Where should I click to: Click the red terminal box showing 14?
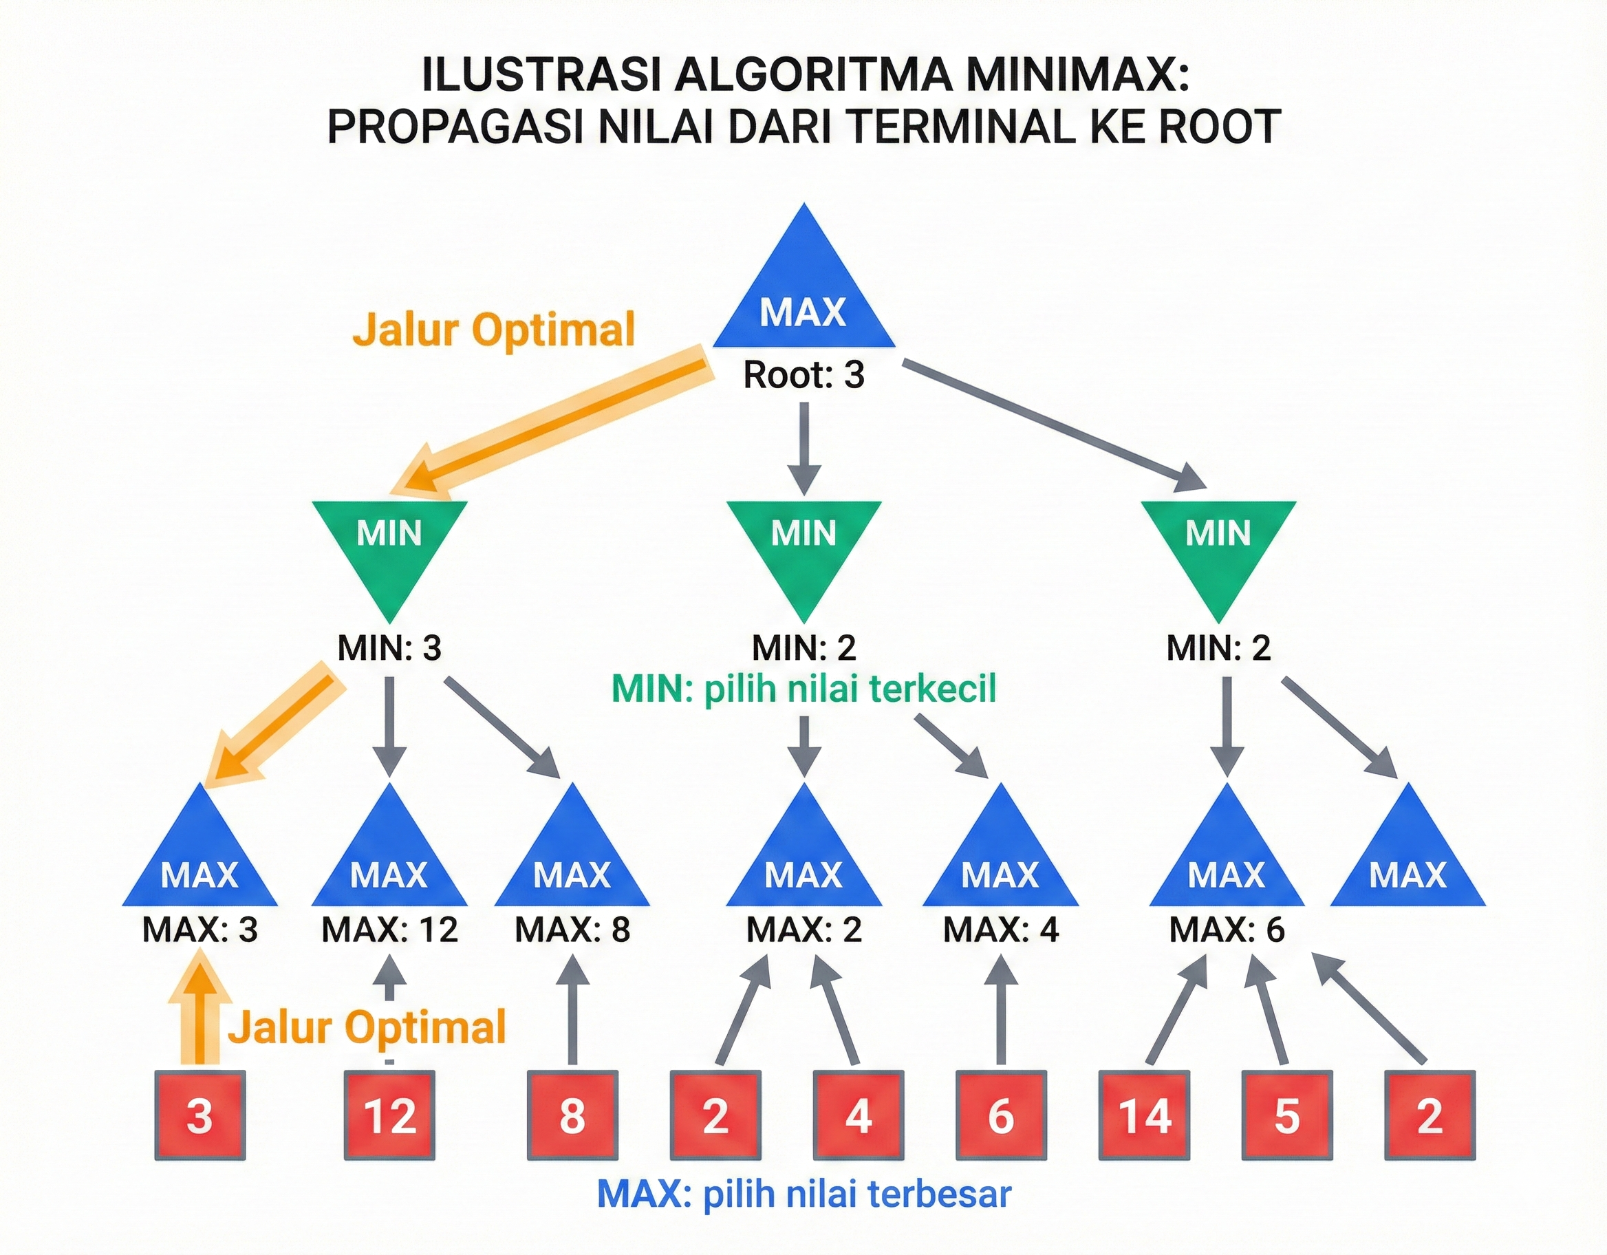pos(1144,1116)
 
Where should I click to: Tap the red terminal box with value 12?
pos(389,1116)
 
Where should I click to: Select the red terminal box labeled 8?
pos(572,1116)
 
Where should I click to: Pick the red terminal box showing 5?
pos(1286,1116)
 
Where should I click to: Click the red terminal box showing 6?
pos(1001,1116)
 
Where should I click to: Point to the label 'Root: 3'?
pos(803,375)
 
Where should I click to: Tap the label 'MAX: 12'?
pos(389,930)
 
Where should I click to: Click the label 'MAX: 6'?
pos(1226,930)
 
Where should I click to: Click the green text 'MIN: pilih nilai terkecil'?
pos(803,689)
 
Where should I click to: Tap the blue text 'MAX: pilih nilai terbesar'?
pos(803,1194)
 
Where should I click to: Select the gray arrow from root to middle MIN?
pos(803,449)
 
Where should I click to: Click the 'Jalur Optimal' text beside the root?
pos(493,329)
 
